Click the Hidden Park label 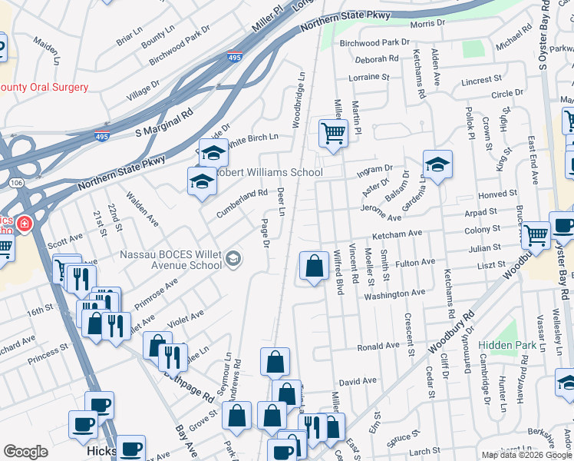(508, 346)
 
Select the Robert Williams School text (269, 172)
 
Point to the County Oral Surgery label (45, 88)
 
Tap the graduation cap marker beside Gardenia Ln (437, 164)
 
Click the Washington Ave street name (394, 294)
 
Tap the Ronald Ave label (378, 347)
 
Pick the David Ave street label (358, 381)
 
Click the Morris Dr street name (427, 24)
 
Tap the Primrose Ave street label (156, 293)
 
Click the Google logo (25, 452)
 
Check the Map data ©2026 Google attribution (526, 455)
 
